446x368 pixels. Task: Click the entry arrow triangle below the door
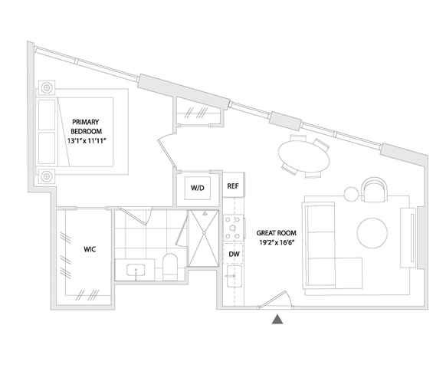click(277, 320)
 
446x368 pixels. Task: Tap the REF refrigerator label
click(233, 186)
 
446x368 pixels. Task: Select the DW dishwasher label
click(234, 254)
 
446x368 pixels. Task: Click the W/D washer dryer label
click(198, 188)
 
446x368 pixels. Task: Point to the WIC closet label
click(90, 249)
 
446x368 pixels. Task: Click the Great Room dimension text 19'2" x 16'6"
click(276, 242)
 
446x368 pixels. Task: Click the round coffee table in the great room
click(372, 233)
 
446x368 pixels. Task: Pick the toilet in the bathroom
click(170, 267)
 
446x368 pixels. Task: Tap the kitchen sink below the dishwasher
click(234, 276)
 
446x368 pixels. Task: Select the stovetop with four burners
click(233, 228)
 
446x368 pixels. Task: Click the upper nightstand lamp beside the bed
click(47, 87)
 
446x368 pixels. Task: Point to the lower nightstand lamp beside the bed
click(47, 176)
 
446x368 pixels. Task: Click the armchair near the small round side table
click(374, 190)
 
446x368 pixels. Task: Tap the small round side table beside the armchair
click(351, 195)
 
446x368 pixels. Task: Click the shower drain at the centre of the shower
click(204, 233)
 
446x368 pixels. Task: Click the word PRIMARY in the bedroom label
click(85, 122)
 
